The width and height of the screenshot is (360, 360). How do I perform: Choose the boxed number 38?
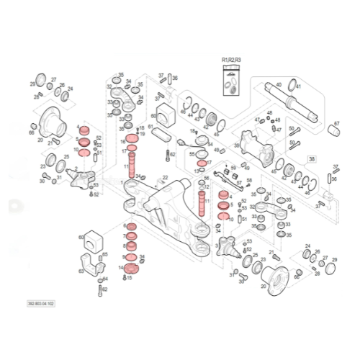312,158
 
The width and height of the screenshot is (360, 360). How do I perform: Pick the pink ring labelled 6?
131,227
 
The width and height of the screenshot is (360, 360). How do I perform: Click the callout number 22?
165,177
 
